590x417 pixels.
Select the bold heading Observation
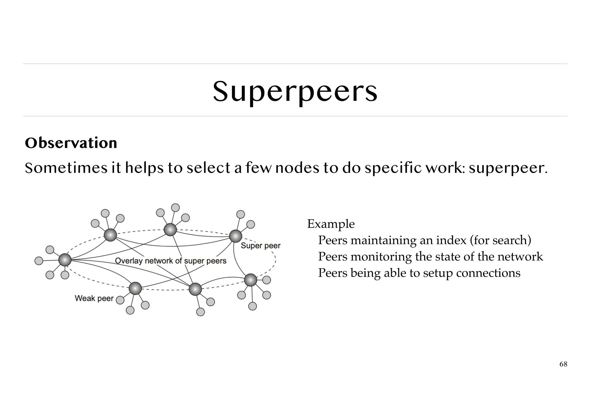coord(71,143)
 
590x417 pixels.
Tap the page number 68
coord(563,364)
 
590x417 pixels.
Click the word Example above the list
coord(331,224)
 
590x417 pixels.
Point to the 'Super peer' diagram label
coord(260,246)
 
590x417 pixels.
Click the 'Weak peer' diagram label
coord(94,298)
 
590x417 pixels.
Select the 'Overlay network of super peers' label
coord(171,261)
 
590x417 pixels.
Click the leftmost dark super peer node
coord(65,260)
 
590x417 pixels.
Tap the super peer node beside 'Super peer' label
coord(236,236)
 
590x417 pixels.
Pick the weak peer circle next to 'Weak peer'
coord(120,300)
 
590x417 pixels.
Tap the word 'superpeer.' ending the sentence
coord(508,168)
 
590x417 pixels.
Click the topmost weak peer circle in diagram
coord(175,208)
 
